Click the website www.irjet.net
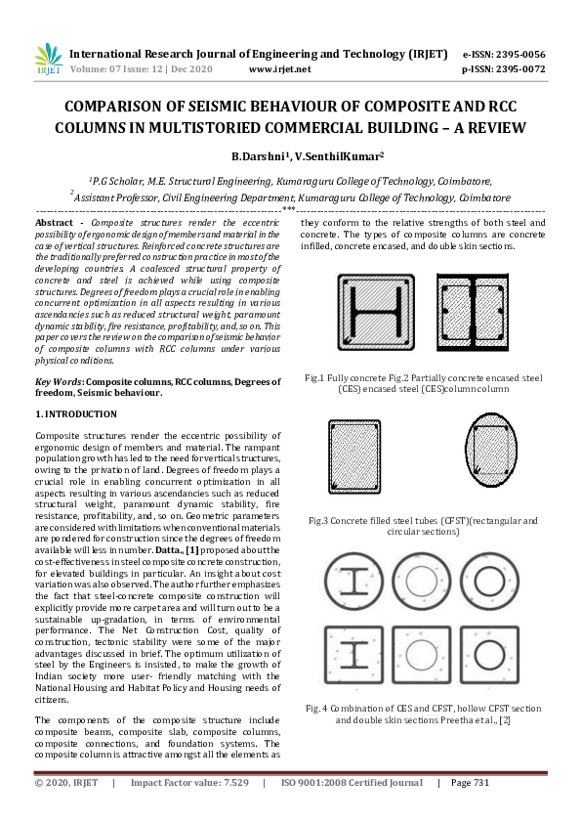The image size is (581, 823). pos(279,69)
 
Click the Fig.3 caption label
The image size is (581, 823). pos(319,521)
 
